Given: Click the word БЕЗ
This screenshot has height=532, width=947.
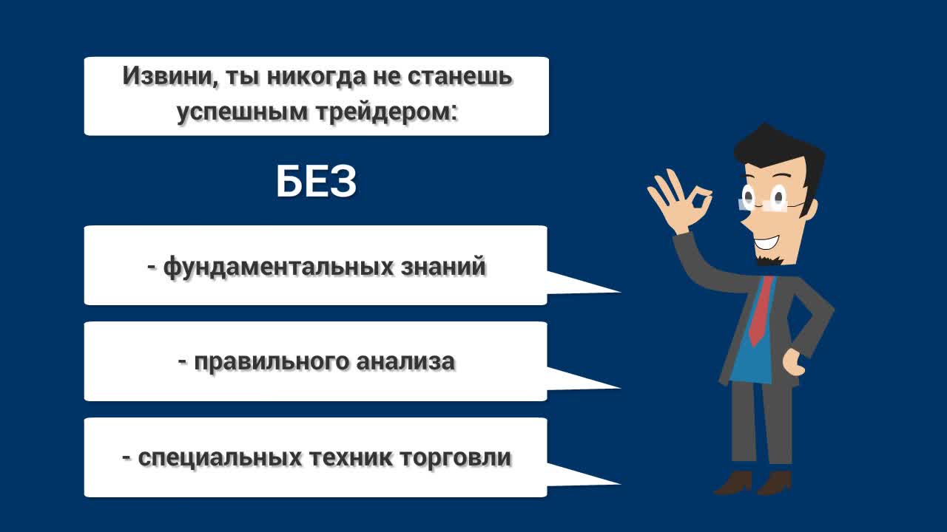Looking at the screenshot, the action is (x=316, y=182).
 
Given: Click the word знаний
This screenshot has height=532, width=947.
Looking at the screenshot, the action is (x=443, y=266).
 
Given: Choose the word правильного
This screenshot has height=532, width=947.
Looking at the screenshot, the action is (x=272, y=362).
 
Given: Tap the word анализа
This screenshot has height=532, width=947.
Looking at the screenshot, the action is (x=405, y=362).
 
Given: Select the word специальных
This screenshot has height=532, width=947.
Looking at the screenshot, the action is (x=220, y=458).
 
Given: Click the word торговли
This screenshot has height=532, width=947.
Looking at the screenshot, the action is (x=455, y=458).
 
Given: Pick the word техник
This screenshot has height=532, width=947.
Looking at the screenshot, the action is (x=351, y=457).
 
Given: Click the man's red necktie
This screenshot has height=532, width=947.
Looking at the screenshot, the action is (x=760, y=311).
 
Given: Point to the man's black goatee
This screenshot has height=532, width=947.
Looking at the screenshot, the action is (x=769, y=259).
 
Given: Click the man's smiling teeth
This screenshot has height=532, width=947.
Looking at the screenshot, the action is (x=765, y=242).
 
